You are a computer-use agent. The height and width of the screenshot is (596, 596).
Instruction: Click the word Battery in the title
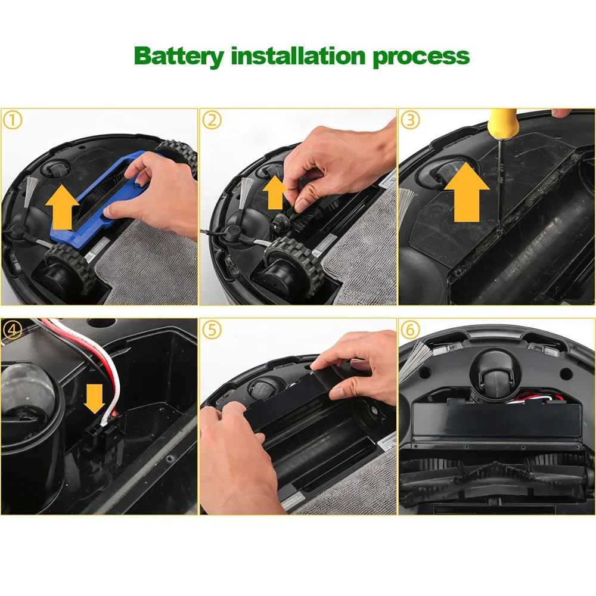[179, 56]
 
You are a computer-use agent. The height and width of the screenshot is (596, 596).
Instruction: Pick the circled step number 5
[212, 330]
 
